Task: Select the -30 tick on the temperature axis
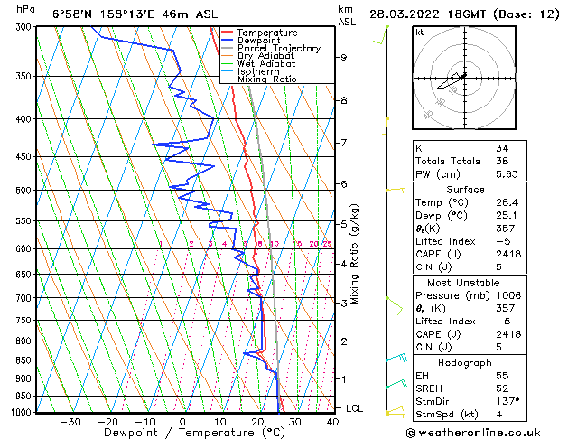tap(70, 421)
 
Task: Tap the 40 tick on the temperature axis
tap(331, 421)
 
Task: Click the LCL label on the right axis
tap(355, 409)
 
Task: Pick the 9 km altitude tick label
tap(344, 57)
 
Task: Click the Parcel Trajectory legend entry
tap(278, 49)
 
